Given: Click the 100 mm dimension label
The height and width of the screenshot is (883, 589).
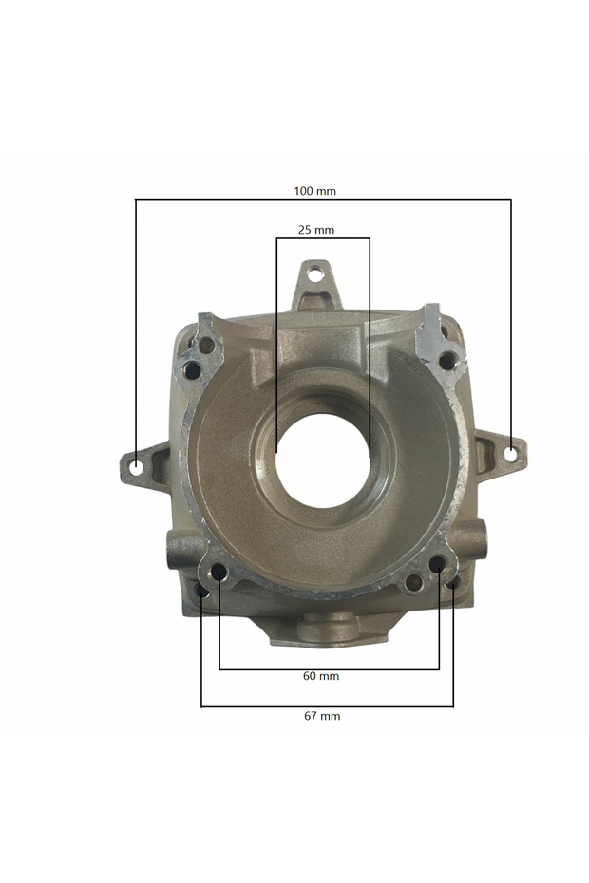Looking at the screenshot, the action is click(x=314, y=191).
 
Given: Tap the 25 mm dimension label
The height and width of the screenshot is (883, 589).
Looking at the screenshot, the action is click(x=316, y=230).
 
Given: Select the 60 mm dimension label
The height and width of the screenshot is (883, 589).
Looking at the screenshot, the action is click(x=321, y=676).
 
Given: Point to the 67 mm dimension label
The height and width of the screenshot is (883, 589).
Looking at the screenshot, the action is click(x=322, y=716).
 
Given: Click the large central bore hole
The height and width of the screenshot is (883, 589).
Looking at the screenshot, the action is click(x=322, y=460).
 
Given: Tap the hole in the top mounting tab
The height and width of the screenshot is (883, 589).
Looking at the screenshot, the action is click(x=315, y=275).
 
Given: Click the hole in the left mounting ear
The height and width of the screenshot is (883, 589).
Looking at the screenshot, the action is click(x=137, y=467).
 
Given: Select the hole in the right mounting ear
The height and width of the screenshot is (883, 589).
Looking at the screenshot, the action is click(x=511, y=454).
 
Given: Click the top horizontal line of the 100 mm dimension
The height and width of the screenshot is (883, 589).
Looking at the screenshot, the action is click(x=323, y=200).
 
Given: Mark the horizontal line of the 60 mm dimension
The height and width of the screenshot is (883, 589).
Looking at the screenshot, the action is click(x=329, y=669).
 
